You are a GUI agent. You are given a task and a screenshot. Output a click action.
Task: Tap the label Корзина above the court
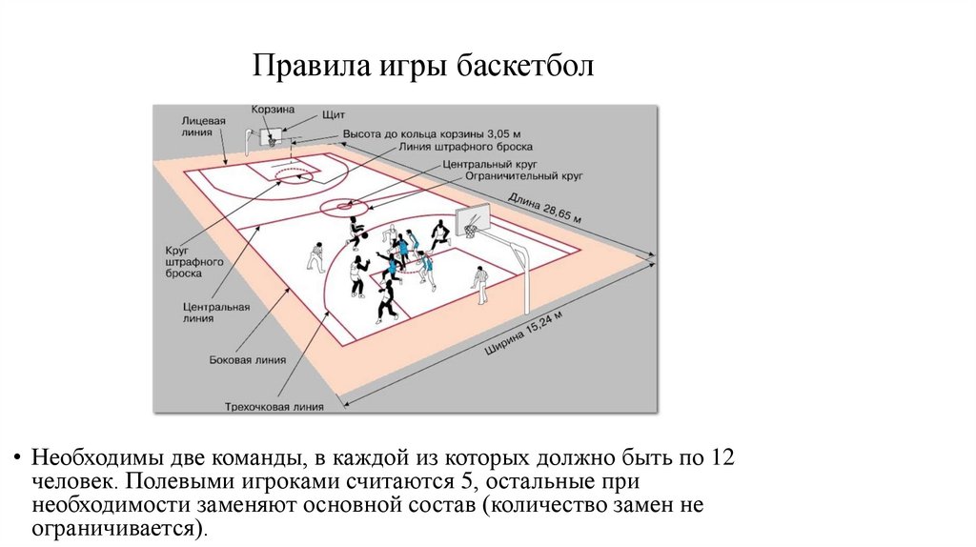click(x=273, y=111)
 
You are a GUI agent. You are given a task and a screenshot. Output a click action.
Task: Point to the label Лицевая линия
click(x=204, y=127)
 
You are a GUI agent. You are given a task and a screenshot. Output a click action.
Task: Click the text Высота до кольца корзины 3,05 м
click(x=426, y=134)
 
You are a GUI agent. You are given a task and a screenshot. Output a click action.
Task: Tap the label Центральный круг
click(x=486, y=164)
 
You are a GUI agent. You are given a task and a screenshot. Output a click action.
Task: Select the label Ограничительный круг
click(x=524, y=176)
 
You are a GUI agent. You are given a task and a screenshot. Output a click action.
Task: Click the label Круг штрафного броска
click(x=182, y=260)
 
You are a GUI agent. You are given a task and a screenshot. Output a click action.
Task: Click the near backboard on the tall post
click(x=472, y=220)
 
